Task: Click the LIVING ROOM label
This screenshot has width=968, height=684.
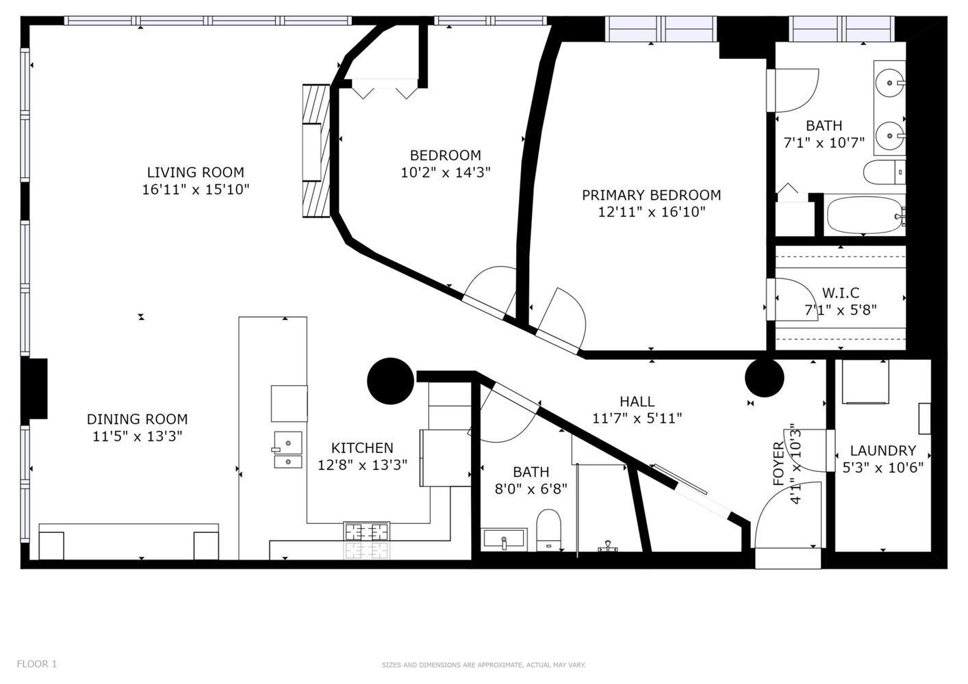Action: (195, 172)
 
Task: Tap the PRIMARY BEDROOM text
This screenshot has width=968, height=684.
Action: (651, 195)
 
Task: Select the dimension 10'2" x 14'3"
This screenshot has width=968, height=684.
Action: (446, 173)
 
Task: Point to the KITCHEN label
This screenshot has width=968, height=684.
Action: (362, 448)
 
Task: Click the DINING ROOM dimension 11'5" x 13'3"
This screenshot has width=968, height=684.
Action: (138, 436)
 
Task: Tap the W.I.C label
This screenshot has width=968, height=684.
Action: (841, 293)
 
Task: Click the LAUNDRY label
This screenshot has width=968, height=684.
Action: (883, 451)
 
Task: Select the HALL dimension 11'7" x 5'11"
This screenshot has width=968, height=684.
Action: (637, 419)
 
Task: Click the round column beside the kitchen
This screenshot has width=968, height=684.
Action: (390, 381)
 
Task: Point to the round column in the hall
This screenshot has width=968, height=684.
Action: (765, 378)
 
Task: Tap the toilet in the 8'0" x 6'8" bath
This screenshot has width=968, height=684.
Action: (548, 530)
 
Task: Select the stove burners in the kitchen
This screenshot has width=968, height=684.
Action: (366, 531)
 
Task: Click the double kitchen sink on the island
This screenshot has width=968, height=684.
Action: (288, 450)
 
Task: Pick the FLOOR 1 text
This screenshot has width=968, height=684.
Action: (37, 663)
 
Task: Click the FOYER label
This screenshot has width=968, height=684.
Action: (778, 464)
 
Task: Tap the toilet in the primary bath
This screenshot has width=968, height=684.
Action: (884, 172)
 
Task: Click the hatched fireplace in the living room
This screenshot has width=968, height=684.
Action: (316, 150)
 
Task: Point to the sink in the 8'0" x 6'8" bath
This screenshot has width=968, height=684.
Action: (504, 539)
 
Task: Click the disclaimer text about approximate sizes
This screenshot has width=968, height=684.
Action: (483, 665)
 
